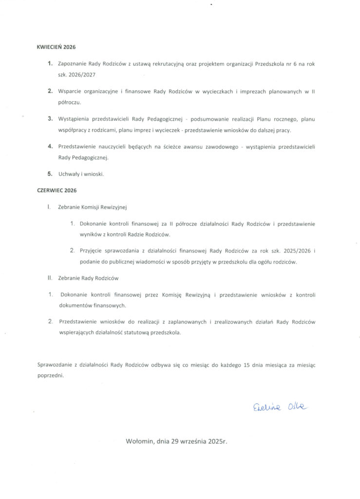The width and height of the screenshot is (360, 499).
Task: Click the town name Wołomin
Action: tap(139, 442)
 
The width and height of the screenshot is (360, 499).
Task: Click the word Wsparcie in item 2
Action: tap(70, 91)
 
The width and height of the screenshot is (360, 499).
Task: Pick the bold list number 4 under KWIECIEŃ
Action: tap(50, 146)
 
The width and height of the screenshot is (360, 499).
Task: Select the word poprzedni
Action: tap(51, 376)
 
